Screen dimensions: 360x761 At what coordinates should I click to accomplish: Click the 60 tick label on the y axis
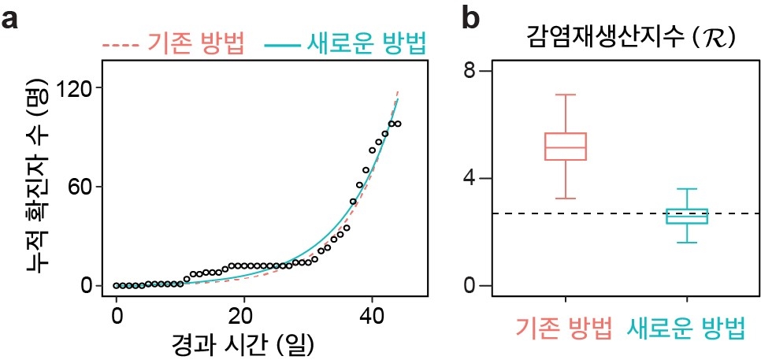(76, 187)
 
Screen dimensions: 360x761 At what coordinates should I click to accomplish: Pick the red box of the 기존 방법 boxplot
(566, 147)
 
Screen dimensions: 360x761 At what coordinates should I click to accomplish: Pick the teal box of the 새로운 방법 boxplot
(687, 216)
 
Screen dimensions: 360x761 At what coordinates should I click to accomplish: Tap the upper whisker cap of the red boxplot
(566, 95)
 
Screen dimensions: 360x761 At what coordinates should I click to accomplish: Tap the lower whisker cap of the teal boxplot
(687, 242)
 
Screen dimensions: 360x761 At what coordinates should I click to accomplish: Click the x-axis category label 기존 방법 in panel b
(564, 329)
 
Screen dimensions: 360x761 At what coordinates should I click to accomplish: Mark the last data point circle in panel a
(398, 124)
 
